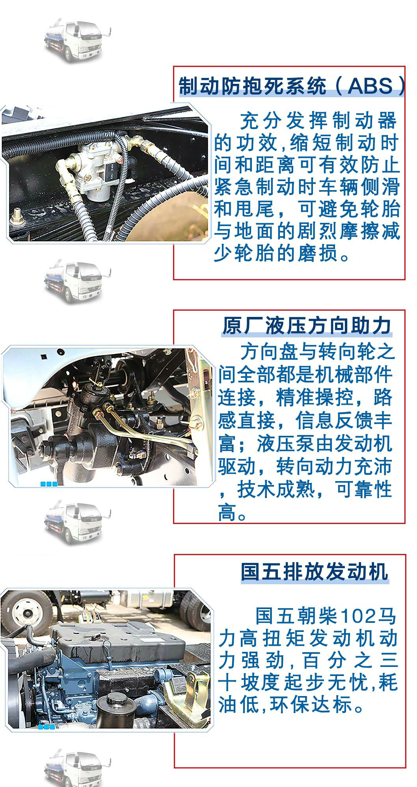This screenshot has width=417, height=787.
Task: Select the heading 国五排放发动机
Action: coord(315,572)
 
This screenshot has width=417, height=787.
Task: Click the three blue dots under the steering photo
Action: coord(49,484)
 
